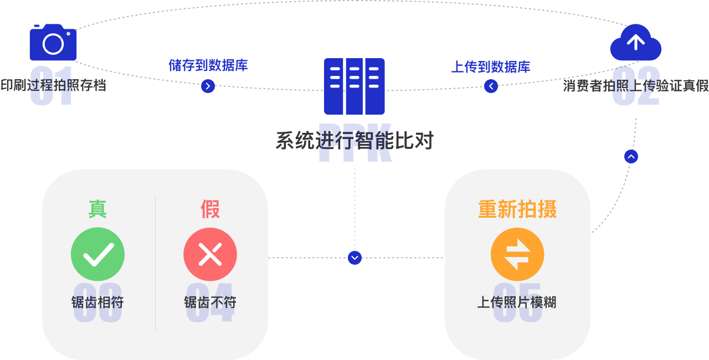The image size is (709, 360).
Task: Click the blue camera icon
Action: click(53, 43)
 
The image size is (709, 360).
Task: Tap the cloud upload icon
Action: click(635, 43)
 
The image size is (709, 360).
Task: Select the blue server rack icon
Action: click(354, 86)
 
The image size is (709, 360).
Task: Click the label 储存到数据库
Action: click(208, 65)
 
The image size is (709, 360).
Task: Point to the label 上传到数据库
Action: click(491, 67)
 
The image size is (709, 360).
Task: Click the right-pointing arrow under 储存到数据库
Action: click(208, 86)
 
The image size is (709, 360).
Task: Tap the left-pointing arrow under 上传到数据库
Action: click(491, 86)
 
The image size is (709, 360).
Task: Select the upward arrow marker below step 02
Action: click(631, 157)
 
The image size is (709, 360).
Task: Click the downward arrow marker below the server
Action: click(354, 258)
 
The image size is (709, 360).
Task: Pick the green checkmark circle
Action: click(97, 254)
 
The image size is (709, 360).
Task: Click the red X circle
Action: click(210, 254)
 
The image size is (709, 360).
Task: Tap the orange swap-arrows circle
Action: click(517, 254)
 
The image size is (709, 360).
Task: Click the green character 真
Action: click(97, 209)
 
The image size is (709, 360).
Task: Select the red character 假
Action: click(210, 209)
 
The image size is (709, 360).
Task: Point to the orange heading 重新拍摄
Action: click(517, 209)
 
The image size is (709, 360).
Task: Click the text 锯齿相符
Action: click(97, 302)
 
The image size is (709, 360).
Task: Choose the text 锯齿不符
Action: click(210, 302)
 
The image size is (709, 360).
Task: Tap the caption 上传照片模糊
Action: click(517, 302)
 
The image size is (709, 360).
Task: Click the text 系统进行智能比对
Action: click(354, 141)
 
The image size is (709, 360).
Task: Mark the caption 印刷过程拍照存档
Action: click(53, 86)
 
